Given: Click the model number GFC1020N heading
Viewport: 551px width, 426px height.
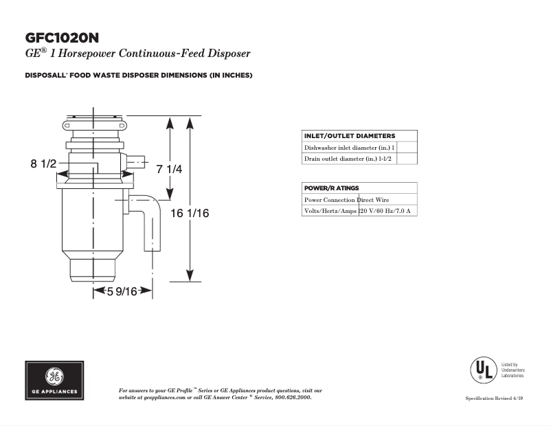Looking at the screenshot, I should click(x=66, y=37).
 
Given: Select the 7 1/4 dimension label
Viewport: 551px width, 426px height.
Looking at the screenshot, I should click(x=169, y=169).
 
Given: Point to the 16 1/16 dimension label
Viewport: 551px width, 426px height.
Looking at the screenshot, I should click(x=189, y=214).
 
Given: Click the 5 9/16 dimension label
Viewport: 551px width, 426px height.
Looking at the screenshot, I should click(x=122, y=291).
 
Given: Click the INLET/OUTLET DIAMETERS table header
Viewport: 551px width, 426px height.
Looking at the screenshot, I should click(x=349, y=136).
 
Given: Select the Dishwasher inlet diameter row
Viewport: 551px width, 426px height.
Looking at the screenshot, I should click(x=349, y=148).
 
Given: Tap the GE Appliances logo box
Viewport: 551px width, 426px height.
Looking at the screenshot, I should click(x=55, y=380).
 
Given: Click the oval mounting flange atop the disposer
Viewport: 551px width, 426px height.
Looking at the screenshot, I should click(x=94, y=124).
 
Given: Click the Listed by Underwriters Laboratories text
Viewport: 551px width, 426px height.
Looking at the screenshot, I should click(x=513, y=371).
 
